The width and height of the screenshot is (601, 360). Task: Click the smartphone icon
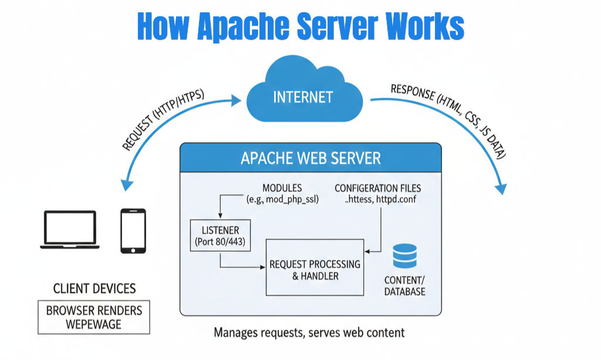(x=133, y=231)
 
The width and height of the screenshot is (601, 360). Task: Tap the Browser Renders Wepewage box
(x=94, y=317)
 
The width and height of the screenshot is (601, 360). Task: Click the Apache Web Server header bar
(x=310, y=158)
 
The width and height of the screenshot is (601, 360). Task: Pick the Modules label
(x=282, y=188)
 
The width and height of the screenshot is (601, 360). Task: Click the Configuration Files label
(x=377, y=188)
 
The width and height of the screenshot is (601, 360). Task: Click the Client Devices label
(x=94, y=288)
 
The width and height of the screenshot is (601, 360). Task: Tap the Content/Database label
(x=405, y=285)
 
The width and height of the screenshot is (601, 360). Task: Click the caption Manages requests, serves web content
(x=309, y=333)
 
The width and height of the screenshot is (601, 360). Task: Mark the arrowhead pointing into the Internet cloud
(x=237, y=101)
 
